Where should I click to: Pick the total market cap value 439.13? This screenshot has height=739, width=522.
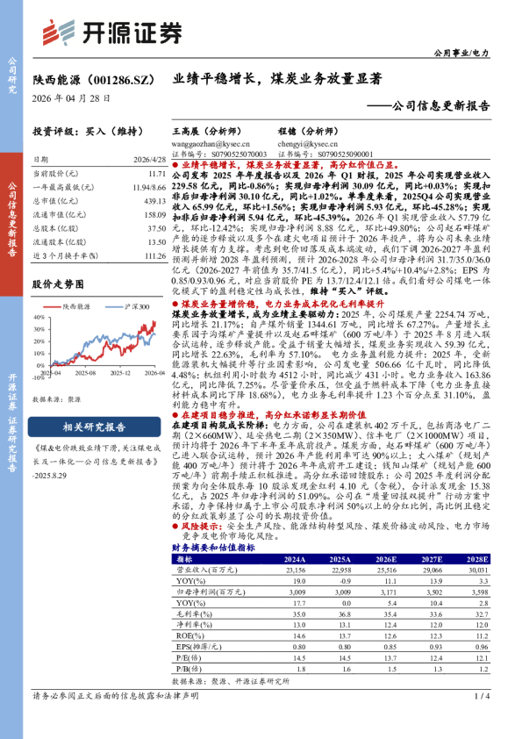154,201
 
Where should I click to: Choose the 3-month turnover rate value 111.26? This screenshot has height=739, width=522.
154,255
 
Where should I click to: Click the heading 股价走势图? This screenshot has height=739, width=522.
58,284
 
